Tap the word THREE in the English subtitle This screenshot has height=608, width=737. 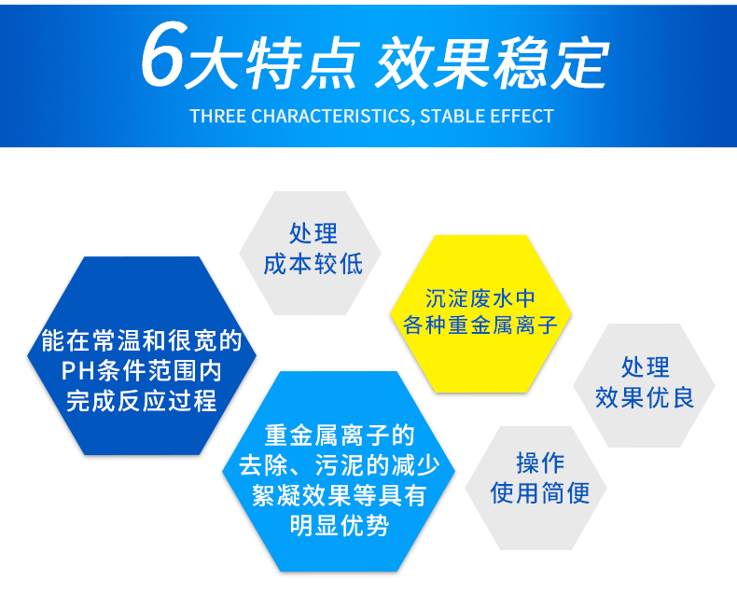pyautogui.click(x=216, y=117)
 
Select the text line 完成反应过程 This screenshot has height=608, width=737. pyautogui.click(x=141, y=401)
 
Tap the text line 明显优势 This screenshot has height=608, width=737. pyautogui.click(x=339, y=525)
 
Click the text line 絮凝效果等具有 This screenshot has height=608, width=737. pyautogui.click(x=339, y=495)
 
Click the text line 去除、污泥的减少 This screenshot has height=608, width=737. pyautogui.click(x=339, y=465)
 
